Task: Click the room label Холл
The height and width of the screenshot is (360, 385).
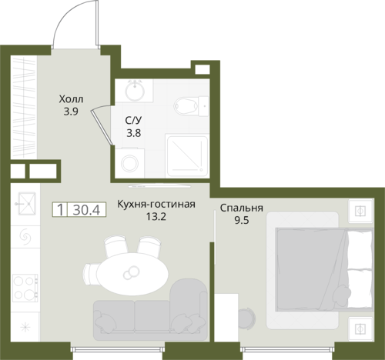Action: (x=71, y=99)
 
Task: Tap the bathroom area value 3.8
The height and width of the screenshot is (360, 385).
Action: (x=134, y=133)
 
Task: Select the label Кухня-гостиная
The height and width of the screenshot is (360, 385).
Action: (x=156, y=205)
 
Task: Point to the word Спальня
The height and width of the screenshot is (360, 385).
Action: (x=242, y=208)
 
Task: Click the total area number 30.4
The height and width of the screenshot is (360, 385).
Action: (x=86, y=210)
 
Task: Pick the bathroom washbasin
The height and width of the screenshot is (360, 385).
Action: (x=135, y=90)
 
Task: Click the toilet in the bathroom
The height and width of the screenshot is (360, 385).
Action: (x=191, y=106)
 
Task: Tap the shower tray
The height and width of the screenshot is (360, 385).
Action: (x=187, y=156)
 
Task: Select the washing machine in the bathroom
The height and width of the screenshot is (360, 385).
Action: (x=129, y=162)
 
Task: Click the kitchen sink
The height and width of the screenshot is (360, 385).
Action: (x=27, y=203)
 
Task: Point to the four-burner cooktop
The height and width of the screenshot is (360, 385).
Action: (x=25, y=288)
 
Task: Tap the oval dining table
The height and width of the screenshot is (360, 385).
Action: (x=132, y=274)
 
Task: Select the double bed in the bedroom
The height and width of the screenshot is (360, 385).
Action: (x=324, y=269)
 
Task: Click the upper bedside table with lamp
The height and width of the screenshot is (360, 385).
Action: (x=360, y=211)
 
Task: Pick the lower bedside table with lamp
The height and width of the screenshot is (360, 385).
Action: (x=360, y=329)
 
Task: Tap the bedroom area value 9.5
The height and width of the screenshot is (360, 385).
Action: (x=242, y=220)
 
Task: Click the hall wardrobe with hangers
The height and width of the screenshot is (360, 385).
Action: (x=24, y=107)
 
